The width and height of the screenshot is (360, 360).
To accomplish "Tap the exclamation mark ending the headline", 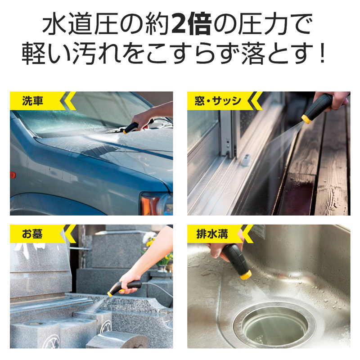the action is (x=323, y=52).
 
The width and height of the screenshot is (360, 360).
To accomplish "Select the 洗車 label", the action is (x=32, y=101).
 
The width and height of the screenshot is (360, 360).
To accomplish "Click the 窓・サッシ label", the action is (x=218, y=101).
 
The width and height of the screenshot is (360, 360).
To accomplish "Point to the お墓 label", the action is (x=32, y=234).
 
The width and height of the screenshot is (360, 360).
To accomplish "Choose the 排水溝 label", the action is (x=212, y=234).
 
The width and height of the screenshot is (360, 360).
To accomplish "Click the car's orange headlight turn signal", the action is (x=149, y=205).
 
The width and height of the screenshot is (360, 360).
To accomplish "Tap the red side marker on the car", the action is (x=13, y=175).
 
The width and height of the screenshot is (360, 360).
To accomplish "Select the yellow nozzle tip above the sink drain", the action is (x=246, y=274).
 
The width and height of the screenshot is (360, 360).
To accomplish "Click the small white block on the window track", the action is (x=246, y=159).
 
